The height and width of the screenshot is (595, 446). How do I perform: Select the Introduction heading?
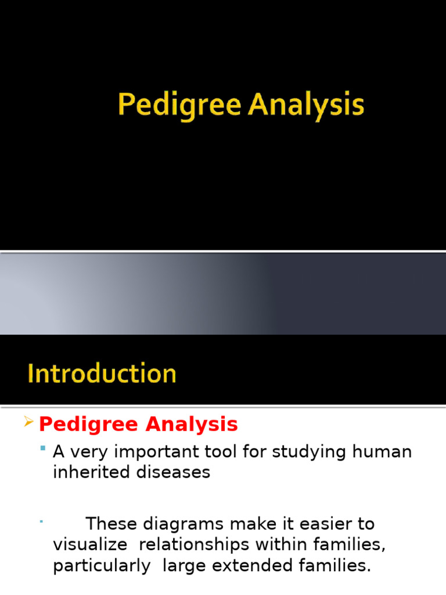pos(102,374)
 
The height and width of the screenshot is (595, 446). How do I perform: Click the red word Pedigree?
pos(89,425)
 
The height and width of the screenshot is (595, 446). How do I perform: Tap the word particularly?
pos(102,566)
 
